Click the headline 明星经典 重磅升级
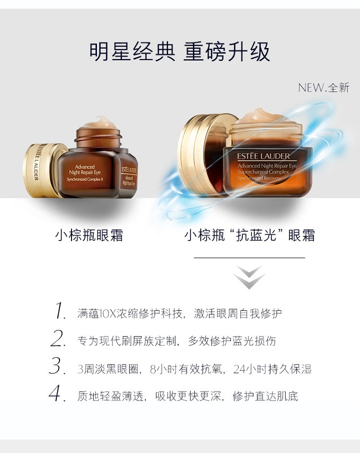pyautogui.click(x=179, y=52)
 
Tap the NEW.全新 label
pyautogui.click(x=324, y=87)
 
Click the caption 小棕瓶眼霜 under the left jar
pyautogui.click(x=89, y=235)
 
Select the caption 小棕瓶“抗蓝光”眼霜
pyautogui.click(x=250, y=235)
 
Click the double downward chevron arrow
pyautogui.click(x=249, y=277)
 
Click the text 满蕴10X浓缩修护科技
pyautogui.click(x=130, y=314)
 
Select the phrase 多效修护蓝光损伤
pyautogui.click(x=232, y=341)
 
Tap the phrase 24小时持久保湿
pyautogui.click(x=273, y=369)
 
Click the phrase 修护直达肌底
pyautogui.click(x=265, y=396)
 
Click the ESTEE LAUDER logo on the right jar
pyautogui.click(x=264, y=156)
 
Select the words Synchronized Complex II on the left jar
pyautogui.click(x=85, y=179)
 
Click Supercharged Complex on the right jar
pyautogui.click(x=263, y=172)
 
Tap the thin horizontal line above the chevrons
pyautogui.click(x=249, y=257)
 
